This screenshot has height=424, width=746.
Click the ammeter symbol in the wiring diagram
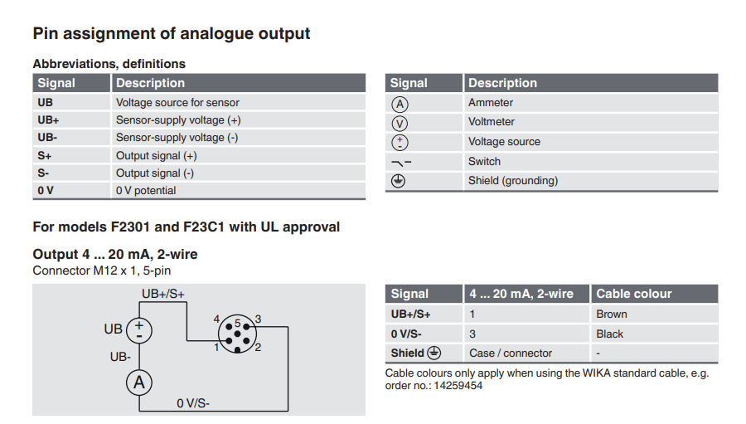point(139,382)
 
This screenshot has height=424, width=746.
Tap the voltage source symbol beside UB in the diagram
point(138,329)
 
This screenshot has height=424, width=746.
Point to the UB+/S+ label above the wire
point(163,294)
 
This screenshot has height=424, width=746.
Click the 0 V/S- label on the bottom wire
point(193,403)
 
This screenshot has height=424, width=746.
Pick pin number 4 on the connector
point(216,319)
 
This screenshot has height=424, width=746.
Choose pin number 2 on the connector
point(258,347)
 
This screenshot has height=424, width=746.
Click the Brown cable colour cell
point(612,314)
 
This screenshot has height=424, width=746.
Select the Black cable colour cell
point(610,334)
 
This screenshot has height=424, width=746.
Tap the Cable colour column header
point(634,294)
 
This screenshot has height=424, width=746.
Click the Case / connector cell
point(511,353)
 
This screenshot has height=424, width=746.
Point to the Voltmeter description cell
point(492,122)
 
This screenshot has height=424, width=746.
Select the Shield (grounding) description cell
point(513,180)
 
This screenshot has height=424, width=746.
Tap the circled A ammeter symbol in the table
point(400,104)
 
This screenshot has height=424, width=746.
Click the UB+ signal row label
point(48,120)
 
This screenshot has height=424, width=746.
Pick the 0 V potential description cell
point(146,190)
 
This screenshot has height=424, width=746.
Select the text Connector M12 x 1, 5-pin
point(102,270)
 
